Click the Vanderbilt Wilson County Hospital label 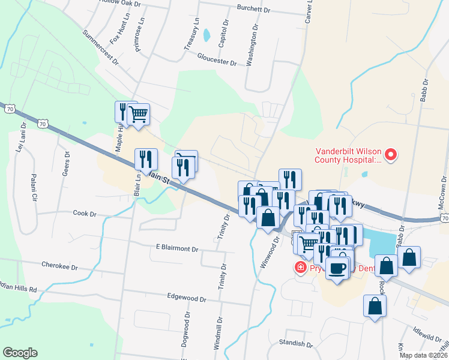point(348,156)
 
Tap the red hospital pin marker point(391,155)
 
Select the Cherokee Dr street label point(59,264)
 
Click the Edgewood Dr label point(187,298)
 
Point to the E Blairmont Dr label point(177,248)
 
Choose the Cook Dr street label point(85,213)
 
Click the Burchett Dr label point(254,9)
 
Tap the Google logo point(20,353)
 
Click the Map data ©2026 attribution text point(423,355)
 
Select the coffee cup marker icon point(338,267)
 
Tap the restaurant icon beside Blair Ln point(146,160)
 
